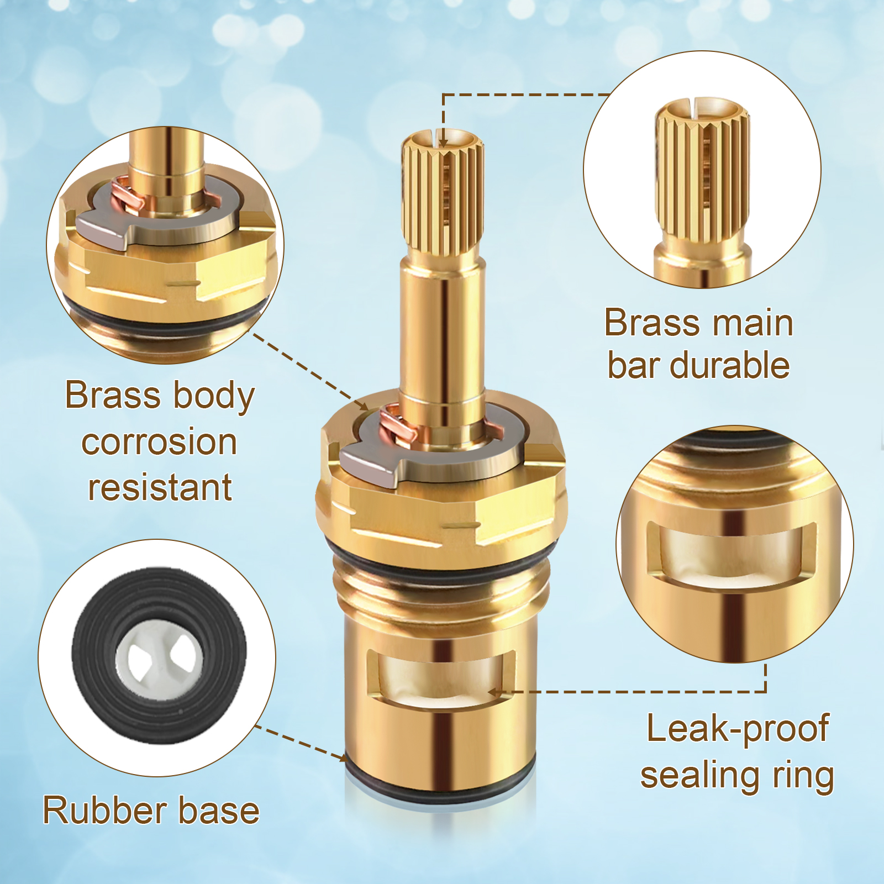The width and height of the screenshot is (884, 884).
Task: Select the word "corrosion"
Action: click(x=159, y=442)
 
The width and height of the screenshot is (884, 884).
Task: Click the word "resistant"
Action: click(x=160, y=487)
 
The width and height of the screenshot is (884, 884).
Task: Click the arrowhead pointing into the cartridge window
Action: click(x=494, y=692)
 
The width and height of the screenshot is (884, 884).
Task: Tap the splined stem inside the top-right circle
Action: click(x=702, y=191)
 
